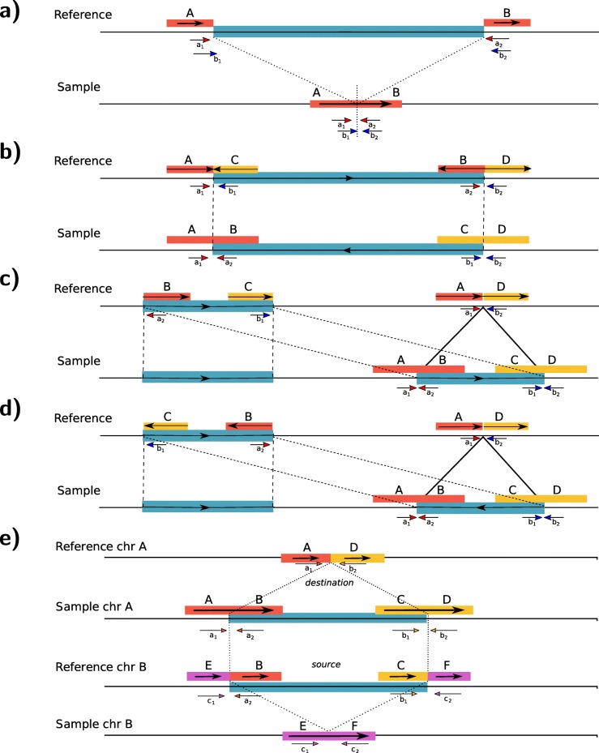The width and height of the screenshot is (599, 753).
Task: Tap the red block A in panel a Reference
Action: click(x=190, y=23)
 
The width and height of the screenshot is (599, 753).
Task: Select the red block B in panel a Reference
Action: click(x=507, y=23)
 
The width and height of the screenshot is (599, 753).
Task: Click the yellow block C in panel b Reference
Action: click(x=236, y=169)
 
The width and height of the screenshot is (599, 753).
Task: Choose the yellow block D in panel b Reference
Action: click(x=507, y=169)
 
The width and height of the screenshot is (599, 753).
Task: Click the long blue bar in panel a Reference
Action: click(x=349, y=31)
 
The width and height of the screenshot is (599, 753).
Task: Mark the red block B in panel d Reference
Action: click(x=249, y=426)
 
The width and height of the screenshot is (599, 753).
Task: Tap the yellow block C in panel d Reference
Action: click(x=166, y=426)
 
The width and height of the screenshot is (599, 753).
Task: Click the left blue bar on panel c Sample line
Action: click(x=208, y=377)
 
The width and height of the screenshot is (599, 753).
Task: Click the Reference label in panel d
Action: click(x=83, y=418)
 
